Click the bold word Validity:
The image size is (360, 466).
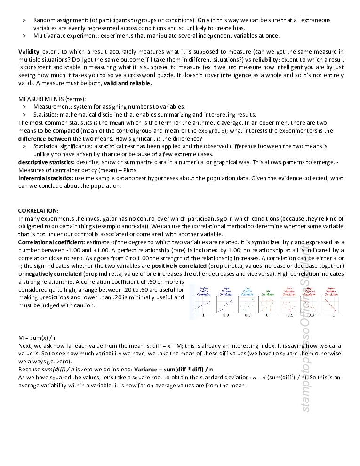coord(30,52)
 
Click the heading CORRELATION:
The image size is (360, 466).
coord(39,211)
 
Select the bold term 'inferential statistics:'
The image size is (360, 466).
coord(46,178)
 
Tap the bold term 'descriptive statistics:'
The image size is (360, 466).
coord(46,162)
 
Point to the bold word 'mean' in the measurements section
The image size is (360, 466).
coord(117,123)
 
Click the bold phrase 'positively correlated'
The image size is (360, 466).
coord(179,266)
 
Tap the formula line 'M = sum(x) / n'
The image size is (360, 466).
coord(38,338)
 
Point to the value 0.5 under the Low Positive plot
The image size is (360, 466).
coord(248,315)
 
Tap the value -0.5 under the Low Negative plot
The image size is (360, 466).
coord(290,315)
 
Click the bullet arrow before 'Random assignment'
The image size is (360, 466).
coord(24,20)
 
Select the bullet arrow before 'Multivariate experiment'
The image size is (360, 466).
coord(24,36)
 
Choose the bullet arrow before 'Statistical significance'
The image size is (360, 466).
coord(24,146)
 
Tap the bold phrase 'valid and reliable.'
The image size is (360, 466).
coord(128,83)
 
